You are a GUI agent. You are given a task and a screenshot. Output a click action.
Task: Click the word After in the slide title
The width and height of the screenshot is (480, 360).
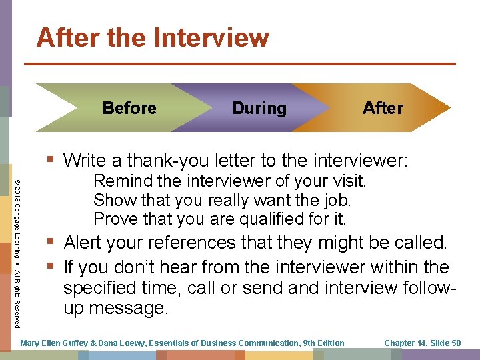click(x=65, y=38)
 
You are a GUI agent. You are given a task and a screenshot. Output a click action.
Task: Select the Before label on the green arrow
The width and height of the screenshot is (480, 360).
click(x=129, y=108)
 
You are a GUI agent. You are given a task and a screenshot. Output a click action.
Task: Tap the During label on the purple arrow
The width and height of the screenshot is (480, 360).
click(x=259, y=108)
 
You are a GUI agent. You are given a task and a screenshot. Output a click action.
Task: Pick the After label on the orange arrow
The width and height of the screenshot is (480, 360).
click(x=383, y=108)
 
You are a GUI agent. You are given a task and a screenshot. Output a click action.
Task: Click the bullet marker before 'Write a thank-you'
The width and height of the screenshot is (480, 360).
click(x=52, y=160)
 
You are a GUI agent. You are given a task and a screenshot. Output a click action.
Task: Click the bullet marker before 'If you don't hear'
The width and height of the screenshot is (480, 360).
click(x=52, y=267)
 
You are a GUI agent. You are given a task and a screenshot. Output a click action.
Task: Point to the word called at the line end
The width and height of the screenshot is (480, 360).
click(x=421, y=243)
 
